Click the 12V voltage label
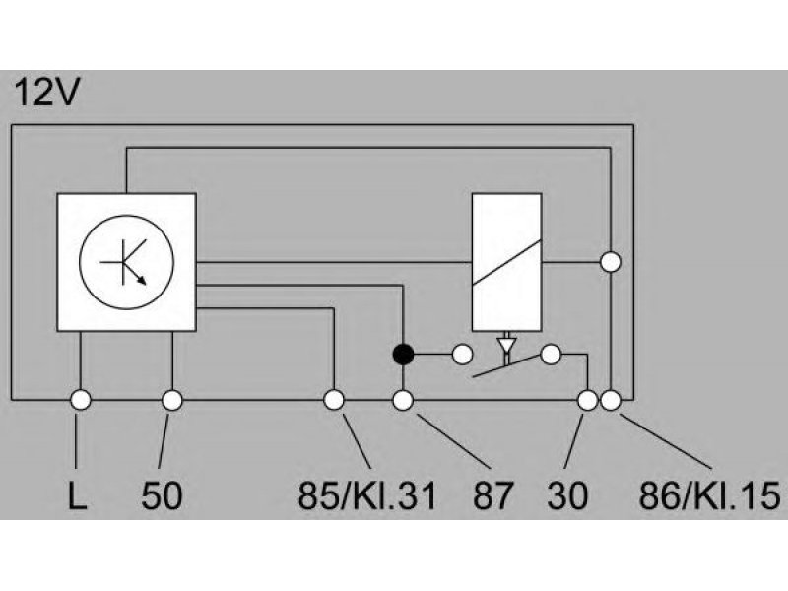(x=46, y=93)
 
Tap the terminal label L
(x=77, y=495)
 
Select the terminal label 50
(x=162, y=495)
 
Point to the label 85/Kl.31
(x=367, y=495)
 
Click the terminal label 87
(x=493, y=495)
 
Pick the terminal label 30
(x=567, y=495)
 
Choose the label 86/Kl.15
(x=709, y=495)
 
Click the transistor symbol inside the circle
(x=126, y=262)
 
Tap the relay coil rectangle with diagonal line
(x=506, y=262)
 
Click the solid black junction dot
(x=403, y=355)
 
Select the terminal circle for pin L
(x=81, y=401)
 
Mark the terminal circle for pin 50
(x=172, y=401)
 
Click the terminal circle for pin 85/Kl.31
(x=334, y=401)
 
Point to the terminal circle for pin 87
(x=403, y=401)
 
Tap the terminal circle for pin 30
(x=587, y=401)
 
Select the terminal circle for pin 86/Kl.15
(x=611, y=401)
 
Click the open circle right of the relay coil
(x=611, y=262)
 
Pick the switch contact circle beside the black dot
(x=462, y=355)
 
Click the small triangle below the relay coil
(x=506, y=346)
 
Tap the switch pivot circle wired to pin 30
(x=551, y=355)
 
